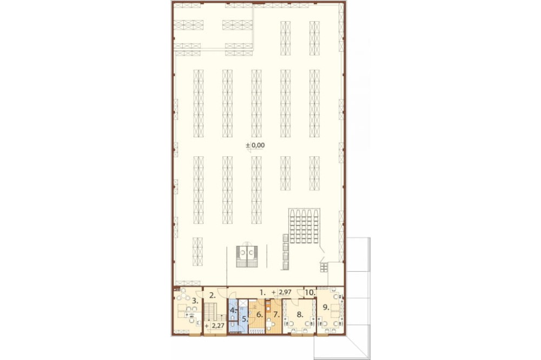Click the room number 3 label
coord(195,301)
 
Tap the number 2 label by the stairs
coord(213,295)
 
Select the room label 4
coord(233,310)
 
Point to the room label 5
coord(245,319)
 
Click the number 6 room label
coord(260,315)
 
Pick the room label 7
coord(276,315)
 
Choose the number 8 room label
coord(300,315)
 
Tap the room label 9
coord(326,307)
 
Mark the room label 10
coord(310,292)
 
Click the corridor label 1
coord(262,292)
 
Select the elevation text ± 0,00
coord(255,145)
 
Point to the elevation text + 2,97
coord(281,292)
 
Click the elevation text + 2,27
coord(214,325)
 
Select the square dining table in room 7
coord(269,324)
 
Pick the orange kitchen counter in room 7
coord(268,306)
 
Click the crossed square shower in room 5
coord(243,303)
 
